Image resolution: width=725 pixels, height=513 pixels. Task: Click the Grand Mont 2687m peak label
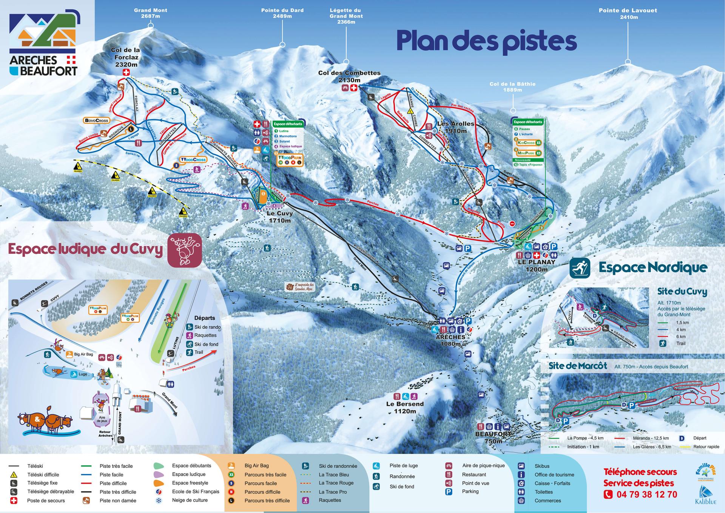(x=150, y=13)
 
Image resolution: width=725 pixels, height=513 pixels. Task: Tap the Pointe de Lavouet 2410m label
(x=628, y=14)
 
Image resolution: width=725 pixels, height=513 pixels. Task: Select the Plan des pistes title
(x=486, y=41)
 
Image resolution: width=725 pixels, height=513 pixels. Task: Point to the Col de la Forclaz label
(x=125, y=57)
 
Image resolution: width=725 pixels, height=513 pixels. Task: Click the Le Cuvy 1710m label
(x=279, y=217)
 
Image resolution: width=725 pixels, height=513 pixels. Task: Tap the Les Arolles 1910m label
(x=455, y=127)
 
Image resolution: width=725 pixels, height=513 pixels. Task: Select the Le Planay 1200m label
(x=536, y=266)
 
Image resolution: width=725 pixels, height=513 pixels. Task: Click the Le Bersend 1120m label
(x=405, y=407)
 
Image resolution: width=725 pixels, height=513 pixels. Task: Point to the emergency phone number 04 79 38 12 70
(x=646, y=494)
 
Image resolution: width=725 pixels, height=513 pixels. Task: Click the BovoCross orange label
(x=96, y=121)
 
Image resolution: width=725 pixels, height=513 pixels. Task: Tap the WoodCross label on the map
(x=193, y=159)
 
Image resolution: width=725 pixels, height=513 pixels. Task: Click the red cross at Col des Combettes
(x=354, y=88)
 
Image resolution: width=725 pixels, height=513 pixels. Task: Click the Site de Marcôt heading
(x=577, y=366)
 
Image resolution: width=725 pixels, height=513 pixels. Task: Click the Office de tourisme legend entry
(x=554, y=474)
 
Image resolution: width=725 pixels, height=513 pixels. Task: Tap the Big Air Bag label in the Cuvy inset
(x=83, y=354)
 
